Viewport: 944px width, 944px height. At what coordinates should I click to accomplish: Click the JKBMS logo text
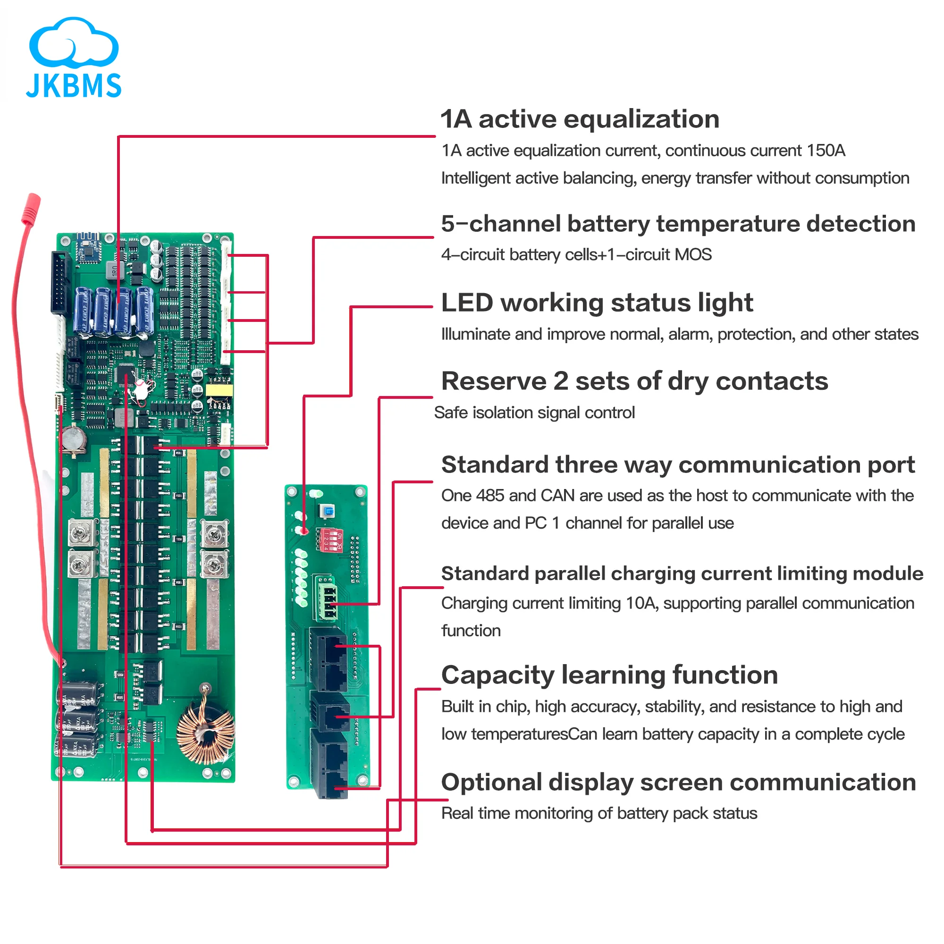73,85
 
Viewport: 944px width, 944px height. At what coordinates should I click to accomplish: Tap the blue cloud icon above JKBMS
73,44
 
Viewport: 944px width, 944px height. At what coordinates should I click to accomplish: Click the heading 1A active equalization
580,119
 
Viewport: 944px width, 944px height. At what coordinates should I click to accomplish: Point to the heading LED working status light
597,303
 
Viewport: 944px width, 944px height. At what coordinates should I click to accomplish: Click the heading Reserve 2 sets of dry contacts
634,381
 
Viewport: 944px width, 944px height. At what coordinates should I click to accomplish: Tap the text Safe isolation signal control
534,413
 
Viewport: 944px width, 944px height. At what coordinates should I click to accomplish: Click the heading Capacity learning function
609,675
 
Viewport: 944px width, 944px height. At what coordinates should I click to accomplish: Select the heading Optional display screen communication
678,782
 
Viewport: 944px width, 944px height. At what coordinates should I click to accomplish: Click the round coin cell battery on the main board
73,438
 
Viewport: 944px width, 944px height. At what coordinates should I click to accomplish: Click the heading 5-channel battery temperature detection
678,224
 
